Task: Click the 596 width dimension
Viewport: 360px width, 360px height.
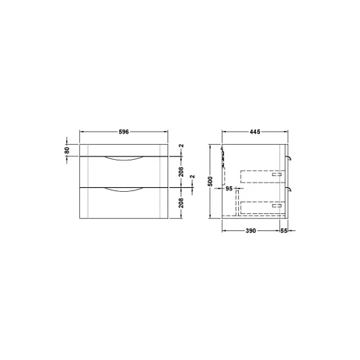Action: [124, 132]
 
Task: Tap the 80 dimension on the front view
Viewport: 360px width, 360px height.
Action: [67, 150]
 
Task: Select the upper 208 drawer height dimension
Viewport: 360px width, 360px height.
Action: [181, 171]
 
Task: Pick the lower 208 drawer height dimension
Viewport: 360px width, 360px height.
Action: [181, 203]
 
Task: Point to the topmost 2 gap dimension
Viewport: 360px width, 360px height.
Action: [181, 145]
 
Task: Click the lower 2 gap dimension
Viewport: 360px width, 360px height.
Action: [192, 177]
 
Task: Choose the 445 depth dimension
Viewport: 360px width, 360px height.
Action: [255, 132]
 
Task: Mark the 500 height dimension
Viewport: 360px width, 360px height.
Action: [211, 181]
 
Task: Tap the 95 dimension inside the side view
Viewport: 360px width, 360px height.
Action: [229, 189]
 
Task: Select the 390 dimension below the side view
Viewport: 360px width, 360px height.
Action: [251, 230]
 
